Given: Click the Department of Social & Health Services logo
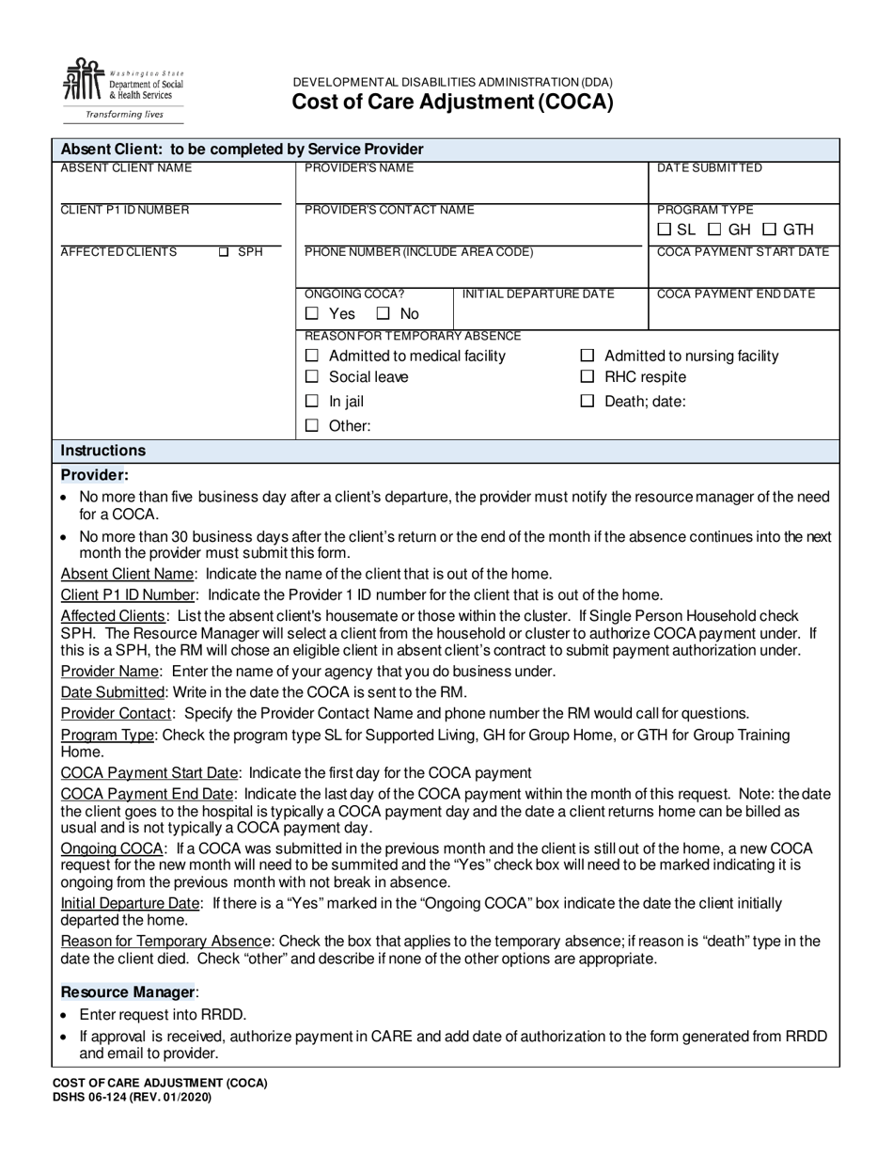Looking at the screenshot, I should click(122, 89).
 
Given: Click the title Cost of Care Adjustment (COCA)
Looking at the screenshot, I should click(451, 103).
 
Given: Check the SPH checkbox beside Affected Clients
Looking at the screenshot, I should click(224, 252).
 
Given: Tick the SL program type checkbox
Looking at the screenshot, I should click(665, 230).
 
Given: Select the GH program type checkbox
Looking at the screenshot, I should click(714, 230).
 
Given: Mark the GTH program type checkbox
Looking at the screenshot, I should click(770, 230).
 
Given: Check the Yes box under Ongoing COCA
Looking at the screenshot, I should click(313, 314).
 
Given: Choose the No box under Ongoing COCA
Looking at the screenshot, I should click(384, 314).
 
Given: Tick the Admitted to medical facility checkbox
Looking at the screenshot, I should click(313, 357).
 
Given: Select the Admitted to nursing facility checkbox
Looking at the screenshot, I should click(587, 357).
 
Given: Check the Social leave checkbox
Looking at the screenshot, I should click(313, 377).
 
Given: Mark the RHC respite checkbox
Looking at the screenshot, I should click(587, 377).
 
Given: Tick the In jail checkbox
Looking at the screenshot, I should click(313, 402).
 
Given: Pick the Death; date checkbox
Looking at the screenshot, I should click(587, 402).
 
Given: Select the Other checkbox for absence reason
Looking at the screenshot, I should click(313, 426).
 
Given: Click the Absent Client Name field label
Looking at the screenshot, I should click(126, 168).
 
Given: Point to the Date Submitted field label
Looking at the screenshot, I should click(709, 168).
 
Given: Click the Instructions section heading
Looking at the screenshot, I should click(103, 451).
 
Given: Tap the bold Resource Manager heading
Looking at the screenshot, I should click(127, 991).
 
